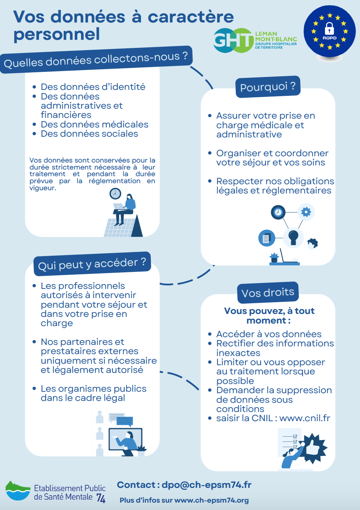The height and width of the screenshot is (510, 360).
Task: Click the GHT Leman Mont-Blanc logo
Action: pos(255,41)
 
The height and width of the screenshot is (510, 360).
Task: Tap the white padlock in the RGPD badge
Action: pos(329,28)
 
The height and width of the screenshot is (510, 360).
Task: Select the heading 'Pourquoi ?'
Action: pos(268,87)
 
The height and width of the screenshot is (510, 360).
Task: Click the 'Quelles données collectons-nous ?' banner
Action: pos(96,60)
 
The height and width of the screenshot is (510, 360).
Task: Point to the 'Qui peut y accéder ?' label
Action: pos(92,264)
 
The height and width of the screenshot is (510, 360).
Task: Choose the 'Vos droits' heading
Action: pos(268,293)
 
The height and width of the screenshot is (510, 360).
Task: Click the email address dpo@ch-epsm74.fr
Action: pos(207,485)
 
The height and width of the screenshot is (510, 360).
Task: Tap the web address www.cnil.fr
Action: pos(305,418)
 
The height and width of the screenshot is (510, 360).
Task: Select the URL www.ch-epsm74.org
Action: pos(211,500)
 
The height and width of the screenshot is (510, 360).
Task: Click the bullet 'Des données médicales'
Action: pos(94,125)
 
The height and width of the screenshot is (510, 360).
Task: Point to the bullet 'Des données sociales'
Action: pos(89,134)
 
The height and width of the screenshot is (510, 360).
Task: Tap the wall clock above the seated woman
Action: pos(115,194)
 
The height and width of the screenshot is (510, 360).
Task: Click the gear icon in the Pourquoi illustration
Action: pos(306,212)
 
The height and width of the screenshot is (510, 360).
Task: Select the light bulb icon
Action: pos(293,238)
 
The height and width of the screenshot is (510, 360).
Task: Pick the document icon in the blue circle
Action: pos(267,238)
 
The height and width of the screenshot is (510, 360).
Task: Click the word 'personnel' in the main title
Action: pos(57,34)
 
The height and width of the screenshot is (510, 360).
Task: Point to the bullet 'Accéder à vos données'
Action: pos(269,334)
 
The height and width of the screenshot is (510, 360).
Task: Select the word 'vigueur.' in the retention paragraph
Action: pos(43,188)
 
